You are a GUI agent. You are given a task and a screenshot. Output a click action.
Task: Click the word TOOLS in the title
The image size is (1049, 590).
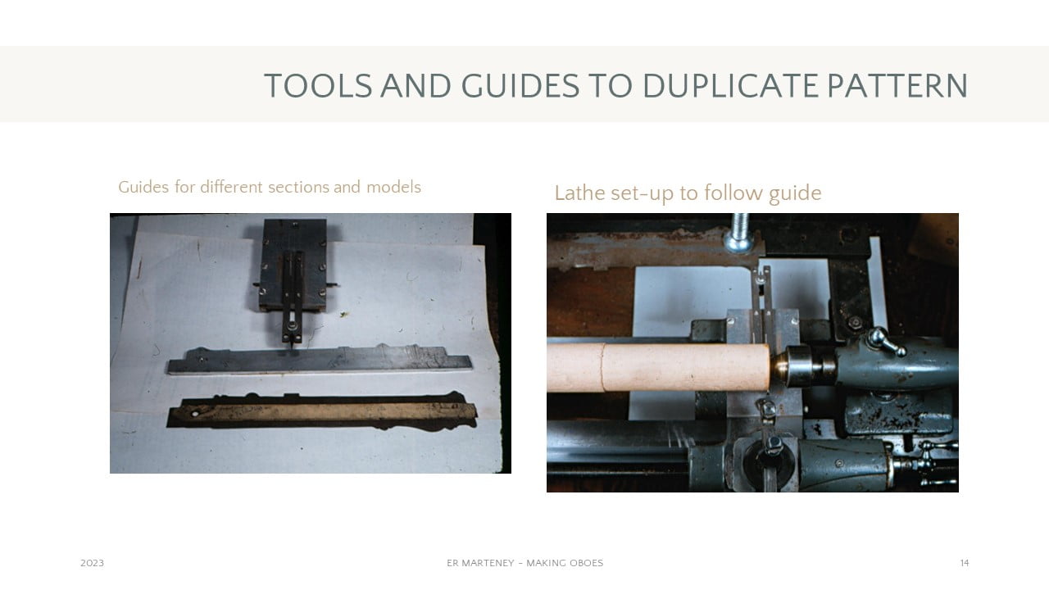[x=319, y=86]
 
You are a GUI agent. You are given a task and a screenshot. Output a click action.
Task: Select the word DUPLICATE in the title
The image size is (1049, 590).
[x=730, y=86]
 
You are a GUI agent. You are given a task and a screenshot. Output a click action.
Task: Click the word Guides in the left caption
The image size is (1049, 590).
[x=143, y=188]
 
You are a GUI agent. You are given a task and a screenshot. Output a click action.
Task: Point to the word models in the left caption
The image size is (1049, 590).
[x=393, y=188]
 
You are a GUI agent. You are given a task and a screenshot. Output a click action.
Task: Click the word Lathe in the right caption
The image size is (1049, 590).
[x=580, y=193]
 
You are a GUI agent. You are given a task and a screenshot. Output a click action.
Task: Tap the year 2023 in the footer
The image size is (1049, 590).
[x=93, y=563]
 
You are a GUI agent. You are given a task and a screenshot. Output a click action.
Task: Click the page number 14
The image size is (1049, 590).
[x=965, y=563]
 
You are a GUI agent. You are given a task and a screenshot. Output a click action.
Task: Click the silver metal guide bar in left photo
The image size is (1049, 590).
[x=320, y=360]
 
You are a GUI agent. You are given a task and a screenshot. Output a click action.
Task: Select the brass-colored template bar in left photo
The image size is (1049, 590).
[x=322, y=411]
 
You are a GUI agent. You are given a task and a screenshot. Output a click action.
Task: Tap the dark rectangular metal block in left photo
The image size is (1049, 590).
[x=293, y=265]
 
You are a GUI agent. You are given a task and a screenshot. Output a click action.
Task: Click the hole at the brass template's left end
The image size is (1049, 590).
[x=195, y=415]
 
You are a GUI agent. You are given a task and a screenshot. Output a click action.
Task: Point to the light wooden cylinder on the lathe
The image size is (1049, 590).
[x=658, y=367]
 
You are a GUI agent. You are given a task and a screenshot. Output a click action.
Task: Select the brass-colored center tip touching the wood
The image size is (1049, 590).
[x=778, y=366]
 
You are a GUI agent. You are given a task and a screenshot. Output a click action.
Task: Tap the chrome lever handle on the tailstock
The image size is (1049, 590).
[x=885, y=341]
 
